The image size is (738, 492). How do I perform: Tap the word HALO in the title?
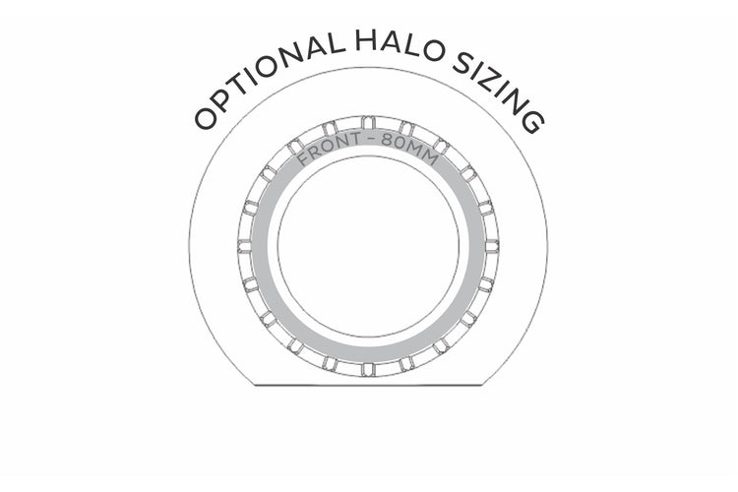[400, 44]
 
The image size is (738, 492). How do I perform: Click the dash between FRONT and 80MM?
[372, 140]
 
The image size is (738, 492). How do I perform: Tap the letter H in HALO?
[365, 40]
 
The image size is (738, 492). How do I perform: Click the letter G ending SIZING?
[534, 122]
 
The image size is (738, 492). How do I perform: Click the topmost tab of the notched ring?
[369, 122]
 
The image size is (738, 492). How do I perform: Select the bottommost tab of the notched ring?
[369, 369]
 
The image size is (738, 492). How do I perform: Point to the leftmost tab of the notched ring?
[245, 246]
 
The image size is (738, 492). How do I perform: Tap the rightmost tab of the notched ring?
[492, 246]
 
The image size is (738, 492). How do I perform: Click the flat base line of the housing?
[369, 385]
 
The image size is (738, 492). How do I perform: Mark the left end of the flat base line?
[255, 385]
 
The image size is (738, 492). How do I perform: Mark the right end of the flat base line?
[483, 385]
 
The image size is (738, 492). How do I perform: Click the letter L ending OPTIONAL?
[335, 43]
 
